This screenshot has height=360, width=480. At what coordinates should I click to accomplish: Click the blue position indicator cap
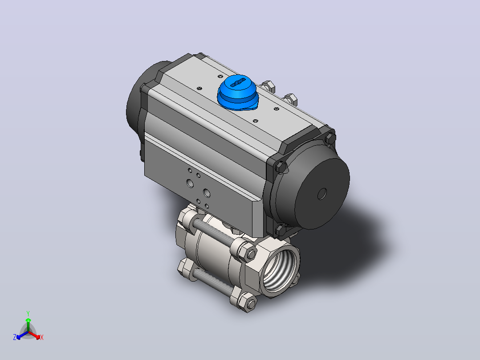point(238,92)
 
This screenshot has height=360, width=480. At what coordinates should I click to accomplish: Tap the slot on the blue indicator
point(238,82)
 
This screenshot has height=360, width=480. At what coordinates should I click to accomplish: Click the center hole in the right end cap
point(322,194)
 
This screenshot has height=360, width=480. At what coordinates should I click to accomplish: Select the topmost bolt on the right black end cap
point(330,138)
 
